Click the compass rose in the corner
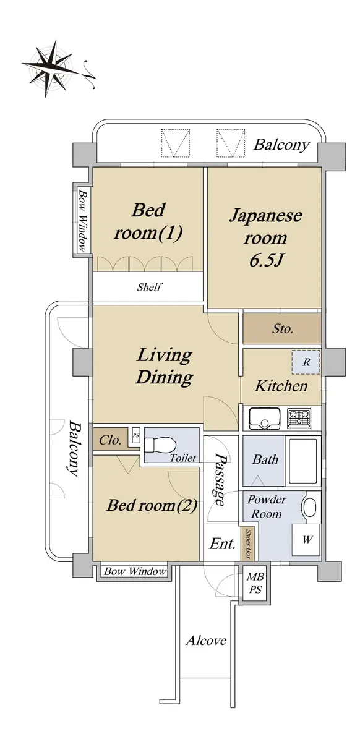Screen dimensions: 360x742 [51, 68]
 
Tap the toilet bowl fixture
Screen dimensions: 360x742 [160, 444]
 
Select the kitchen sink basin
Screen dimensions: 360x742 [264, 418]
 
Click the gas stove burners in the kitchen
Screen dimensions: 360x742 [299, 418]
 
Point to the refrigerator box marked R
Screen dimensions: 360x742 [306, 362]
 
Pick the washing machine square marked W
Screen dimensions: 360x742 [306, 540]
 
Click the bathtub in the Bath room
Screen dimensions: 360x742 [303, 461]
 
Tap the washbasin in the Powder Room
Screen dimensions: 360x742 [310, 506]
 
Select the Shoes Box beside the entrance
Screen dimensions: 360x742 [247, 543]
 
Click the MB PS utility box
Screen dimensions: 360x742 [255, 582]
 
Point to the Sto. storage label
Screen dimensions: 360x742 [283, 329]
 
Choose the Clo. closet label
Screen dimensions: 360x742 [110, 440]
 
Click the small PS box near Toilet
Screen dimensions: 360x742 [136, 435]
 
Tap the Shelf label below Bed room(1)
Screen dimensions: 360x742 [149, 287]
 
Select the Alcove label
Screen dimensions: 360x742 [206, 641]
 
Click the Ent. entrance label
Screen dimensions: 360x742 [222, 544]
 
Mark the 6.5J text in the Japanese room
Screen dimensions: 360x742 [265, 260]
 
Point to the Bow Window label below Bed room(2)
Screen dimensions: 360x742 [135, 571]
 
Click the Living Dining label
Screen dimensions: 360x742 [165, 366]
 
